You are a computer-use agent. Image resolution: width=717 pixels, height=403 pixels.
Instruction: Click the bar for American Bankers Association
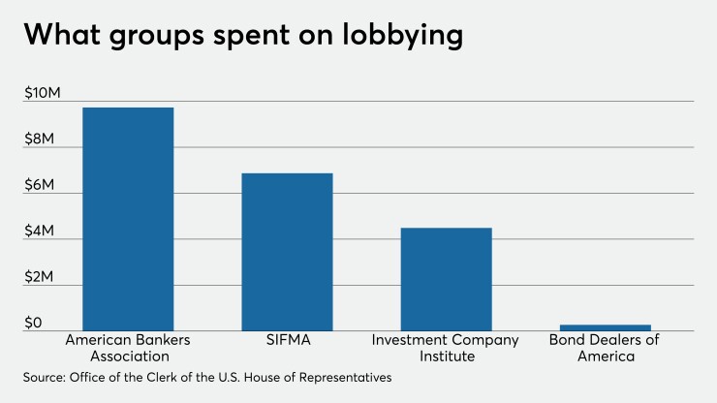point(128,218)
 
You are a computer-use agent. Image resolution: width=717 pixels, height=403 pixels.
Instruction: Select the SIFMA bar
point(287,251)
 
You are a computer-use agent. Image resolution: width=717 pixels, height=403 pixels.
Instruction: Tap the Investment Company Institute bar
point(446,278)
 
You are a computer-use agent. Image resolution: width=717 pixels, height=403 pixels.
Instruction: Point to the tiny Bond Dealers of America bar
point(605,327)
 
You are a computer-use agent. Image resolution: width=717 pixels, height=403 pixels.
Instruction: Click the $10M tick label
point(43,93)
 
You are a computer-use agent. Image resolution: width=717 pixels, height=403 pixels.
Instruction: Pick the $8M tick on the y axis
point(42,139)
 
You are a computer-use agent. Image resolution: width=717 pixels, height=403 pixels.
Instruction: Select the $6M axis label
point(42,185)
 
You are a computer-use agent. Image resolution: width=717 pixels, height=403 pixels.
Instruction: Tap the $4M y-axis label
point(42,232)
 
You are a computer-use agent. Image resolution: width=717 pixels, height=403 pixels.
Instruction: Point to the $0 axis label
point(34,323)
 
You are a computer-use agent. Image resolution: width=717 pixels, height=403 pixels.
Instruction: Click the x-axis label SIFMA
point(287,341)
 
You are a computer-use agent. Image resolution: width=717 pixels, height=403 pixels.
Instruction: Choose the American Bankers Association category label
point(127,349)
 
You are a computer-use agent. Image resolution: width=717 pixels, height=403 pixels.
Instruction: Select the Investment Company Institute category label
point(446,349)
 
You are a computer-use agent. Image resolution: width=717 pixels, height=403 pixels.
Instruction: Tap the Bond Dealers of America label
point(605,349)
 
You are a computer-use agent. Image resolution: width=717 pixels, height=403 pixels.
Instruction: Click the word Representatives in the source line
point(343,379)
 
